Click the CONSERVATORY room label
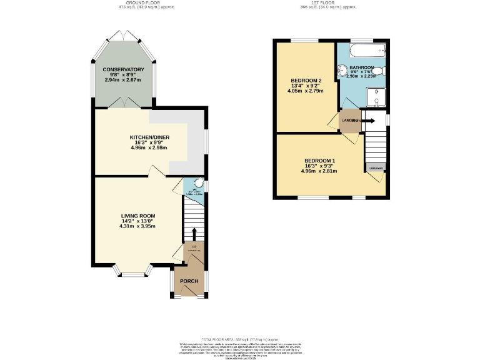coord(124,69)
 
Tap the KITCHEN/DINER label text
coord(149,137)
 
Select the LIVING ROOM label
coord(138,216)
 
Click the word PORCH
coord(189,281)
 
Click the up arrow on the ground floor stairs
coord(193,234)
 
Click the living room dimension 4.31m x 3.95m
coord(138,226)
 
